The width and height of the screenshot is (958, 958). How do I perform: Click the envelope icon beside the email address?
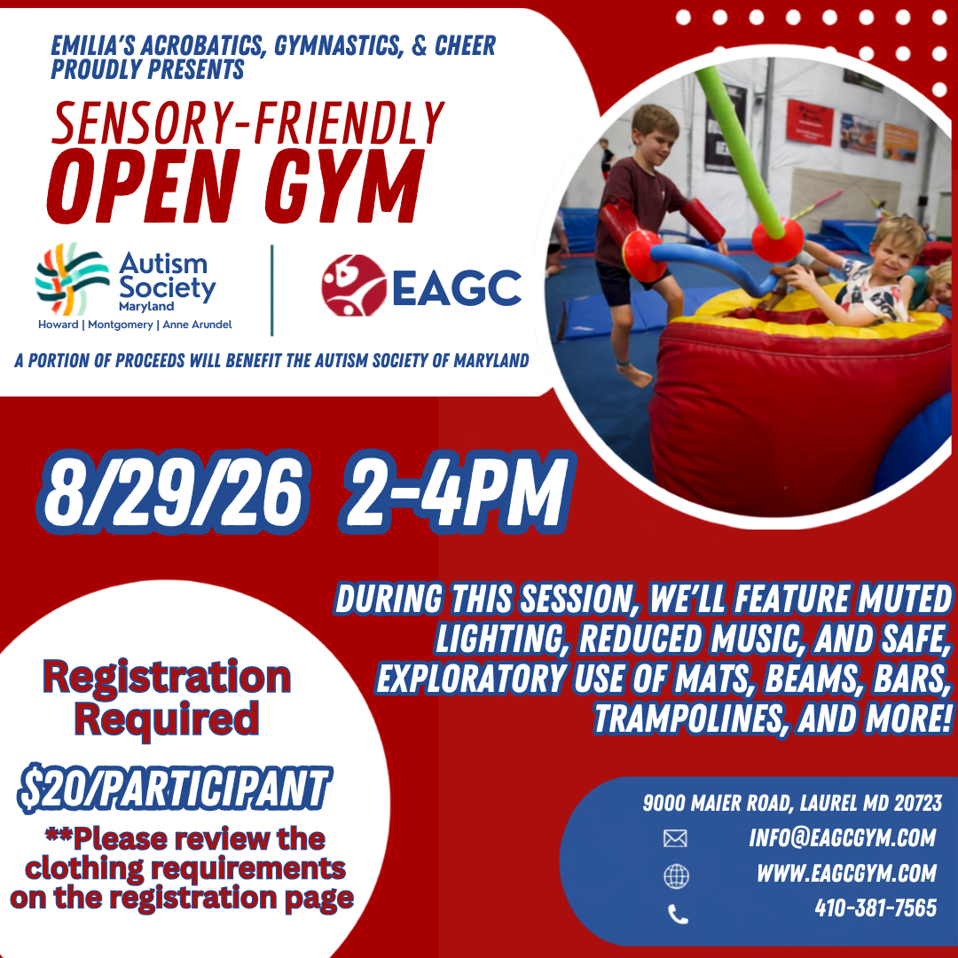(x=675, y=838)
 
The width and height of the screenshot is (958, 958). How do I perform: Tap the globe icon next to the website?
(x=676, y=876)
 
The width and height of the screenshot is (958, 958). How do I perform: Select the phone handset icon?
(x=679, y=914)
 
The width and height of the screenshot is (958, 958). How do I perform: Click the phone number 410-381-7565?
(x=876, y=908)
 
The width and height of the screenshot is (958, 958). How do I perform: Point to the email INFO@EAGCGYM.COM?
(x=843, y=837)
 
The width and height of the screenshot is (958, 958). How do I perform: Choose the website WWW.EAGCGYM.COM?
(x=847, y=873)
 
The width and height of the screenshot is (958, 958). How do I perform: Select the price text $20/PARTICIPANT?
(x=175, y=789)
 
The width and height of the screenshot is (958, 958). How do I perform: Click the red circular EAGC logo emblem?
(x=354, y=286)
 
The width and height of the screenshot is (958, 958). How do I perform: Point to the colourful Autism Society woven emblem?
(x=72, y=279)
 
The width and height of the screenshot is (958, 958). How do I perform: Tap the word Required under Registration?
(x=167, y=719)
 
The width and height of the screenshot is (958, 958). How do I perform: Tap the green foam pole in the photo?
(x=740, y=150)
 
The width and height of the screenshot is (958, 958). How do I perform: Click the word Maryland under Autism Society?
(x=146, y=306)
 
